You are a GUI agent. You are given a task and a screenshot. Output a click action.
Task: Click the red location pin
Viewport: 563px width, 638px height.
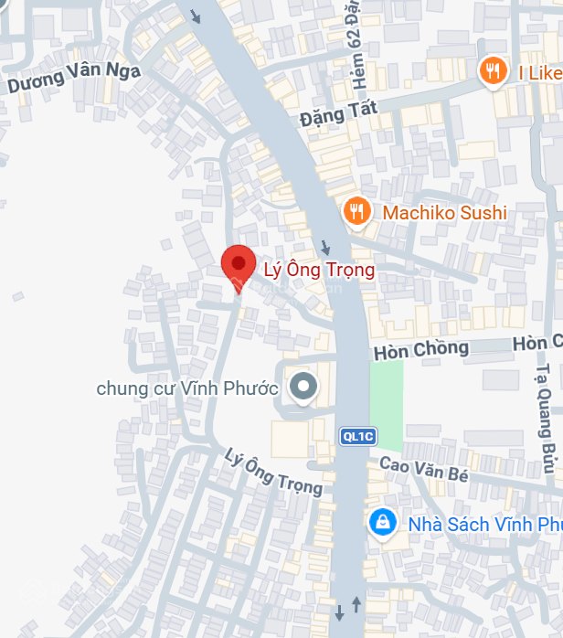click(x=239, y=265)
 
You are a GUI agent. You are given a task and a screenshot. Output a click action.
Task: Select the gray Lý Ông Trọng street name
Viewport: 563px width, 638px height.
click(x=274, y=473)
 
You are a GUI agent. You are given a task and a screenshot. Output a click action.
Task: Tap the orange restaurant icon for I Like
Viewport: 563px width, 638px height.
click(x=494, y=71)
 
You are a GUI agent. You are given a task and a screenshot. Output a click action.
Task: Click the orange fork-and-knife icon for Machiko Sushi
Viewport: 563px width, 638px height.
click(x=356, y=213)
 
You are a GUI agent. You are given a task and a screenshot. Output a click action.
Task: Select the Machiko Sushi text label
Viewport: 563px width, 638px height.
click(x=444, y=213)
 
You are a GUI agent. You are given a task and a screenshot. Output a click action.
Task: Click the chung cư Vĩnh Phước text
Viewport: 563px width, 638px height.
click(x=187, y=388)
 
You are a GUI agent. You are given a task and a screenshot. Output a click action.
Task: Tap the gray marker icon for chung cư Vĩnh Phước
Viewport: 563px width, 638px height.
click(x=303, y=388)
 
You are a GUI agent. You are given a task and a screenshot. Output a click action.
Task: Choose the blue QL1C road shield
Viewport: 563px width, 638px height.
click(x=358, y=436)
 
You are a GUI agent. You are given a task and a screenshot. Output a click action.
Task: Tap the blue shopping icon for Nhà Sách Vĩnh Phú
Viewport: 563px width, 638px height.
click(x=381, y=524)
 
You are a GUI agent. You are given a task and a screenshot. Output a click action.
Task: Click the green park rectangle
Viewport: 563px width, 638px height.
click(x=386, y=404)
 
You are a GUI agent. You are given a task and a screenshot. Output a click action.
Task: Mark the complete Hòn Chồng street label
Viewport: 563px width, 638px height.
click(x=420, y=349)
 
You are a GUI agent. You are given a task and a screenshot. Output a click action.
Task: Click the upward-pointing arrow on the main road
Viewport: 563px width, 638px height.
click(x=356, y=607)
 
